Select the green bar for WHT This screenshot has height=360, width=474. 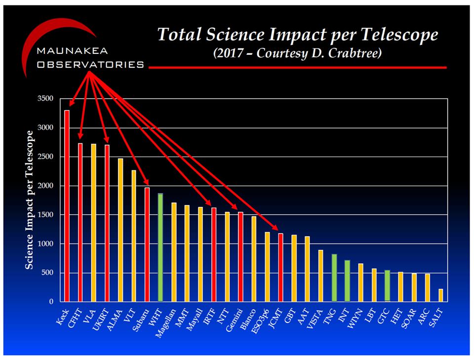[160, 247]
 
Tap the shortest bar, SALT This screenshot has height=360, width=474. [440, 295]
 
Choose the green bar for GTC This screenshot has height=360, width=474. [387, 286]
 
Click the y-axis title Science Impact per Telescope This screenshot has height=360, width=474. [30, 200]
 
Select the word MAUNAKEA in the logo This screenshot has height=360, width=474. [73, 51]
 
